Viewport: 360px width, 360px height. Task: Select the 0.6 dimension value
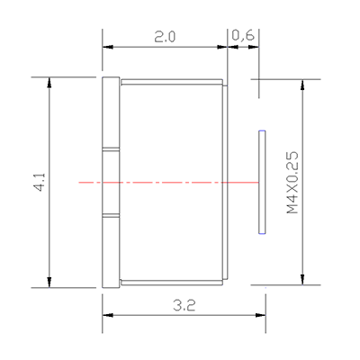point(242,36)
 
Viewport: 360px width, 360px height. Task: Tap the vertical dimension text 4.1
point(39,182)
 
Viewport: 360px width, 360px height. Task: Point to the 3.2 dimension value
point(184,304)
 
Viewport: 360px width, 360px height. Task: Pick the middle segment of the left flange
point(111,183)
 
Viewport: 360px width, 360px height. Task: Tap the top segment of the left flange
point(111,112)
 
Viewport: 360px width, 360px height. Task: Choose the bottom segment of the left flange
point(111,252)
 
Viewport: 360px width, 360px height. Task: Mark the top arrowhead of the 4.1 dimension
point(49,82)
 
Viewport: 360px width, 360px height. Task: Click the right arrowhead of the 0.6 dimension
point(256,48)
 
